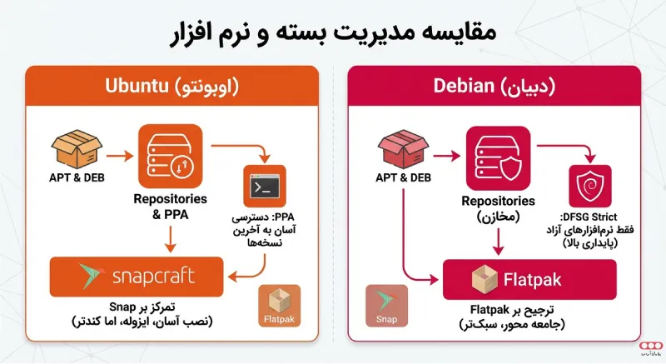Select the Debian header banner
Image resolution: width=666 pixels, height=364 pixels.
[x=494, y=86]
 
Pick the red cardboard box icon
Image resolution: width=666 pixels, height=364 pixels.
[x=404, y=149]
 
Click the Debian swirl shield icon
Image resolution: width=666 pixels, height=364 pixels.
[x=589, y=184]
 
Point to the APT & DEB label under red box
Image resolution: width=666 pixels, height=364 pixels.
[x=404, y=178]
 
